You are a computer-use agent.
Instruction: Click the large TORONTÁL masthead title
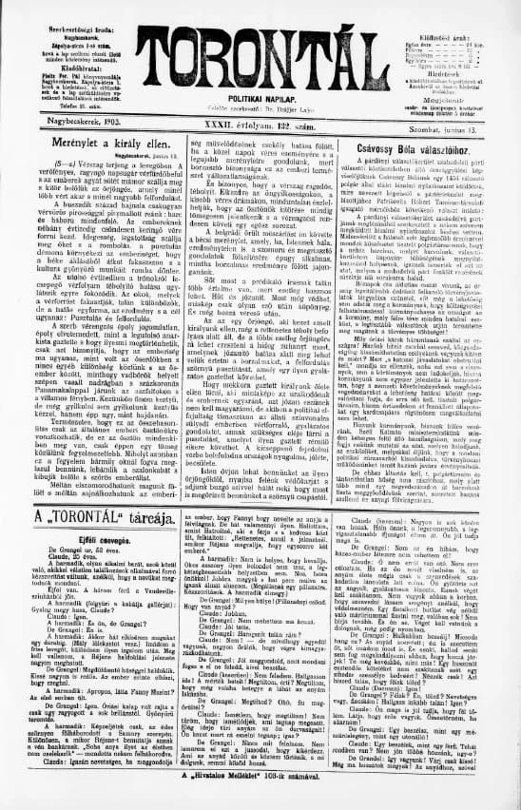pyautogui.click(x=260, y=45)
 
